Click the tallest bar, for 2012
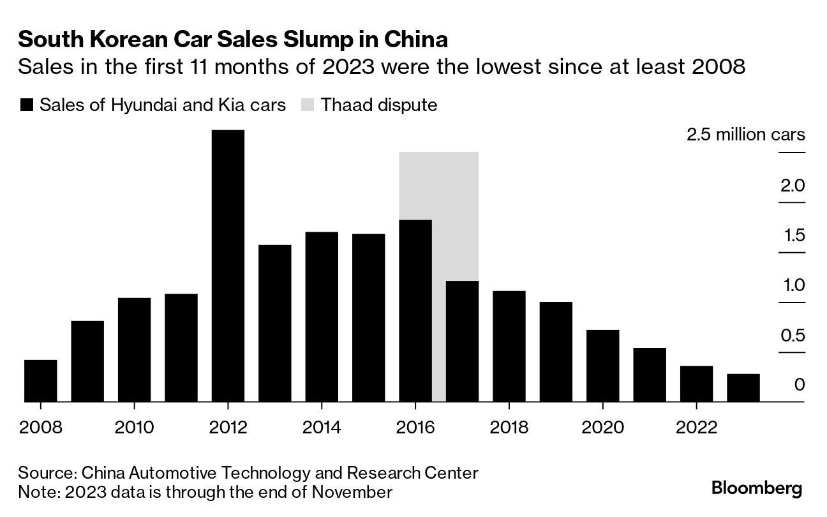(228, 266)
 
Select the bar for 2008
(41, 381)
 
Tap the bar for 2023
(743, 388)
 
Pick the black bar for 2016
(415, 311)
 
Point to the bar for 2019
(556, 352)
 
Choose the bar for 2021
(650, 375)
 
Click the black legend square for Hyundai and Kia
(26, 105)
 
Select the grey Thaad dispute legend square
(308, 105)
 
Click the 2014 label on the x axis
(322, 427)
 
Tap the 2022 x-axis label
(696, 427)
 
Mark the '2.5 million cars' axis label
(745, 135)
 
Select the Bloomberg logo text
(757, 489)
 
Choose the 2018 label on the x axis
(509, 427)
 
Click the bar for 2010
(135, 350)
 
